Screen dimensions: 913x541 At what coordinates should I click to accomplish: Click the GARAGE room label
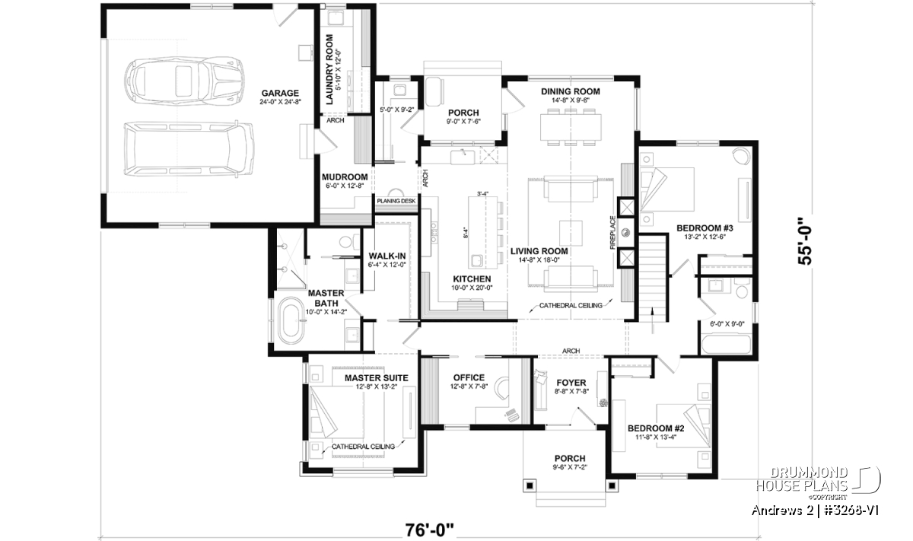[x=280, y=93]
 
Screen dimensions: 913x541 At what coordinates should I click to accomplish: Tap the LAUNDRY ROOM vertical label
[x=329, y=69]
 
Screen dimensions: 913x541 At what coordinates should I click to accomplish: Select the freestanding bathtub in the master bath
[x=291, y=320]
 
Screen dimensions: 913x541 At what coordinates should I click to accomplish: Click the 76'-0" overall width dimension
[x=430, y=530]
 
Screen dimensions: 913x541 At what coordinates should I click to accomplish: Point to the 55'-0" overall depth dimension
[x=805, y=240]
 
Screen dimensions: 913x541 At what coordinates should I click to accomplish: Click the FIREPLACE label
[x=612, y=232]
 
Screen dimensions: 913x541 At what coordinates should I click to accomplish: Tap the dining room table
[x=571, y=127]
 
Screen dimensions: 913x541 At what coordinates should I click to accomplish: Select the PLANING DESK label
[x=396, y=201]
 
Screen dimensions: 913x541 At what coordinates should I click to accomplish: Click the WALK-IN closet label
[x=387, y=256]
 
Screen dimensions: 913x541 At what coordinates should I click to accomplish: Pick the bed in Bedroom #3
[x=666, y=189]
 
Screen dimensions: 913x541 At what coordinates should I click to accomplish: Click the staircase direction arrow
[x=652, y=321]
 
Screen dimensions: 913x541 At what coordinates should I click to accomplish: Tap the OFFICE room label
[x=469, y=378]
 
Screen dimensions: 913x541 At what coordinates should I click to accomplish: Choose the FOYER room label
[x=571, y=383]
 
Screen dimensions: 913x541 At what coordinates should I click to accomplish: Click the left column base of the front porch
[x=530, y=486]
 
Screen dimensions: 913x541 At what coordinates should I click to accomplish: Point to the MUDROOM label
[x=345, y=177]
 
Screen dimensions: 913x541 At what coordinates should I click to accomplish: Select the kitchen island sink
[x=476, y=261]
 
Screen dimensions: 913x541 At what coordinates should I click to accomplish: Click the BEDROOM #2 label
[x=656, y=428]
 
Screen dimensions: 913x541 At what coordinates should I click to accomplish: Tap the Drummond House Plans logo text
[x=802, y=479]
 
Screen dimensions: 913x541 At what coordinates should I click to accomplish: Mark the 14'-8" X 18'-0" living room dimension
[x=539, y=259]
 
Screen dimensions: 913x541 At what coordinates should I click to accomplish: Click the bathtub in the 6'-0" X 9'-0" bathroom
[x=726, y=345]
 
